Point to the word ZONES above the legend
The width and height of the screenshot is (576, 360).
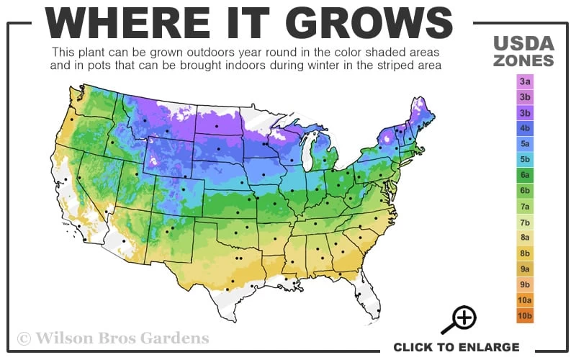(524, 60)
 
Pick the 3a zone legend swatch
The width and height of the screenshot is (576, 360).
(525, 81)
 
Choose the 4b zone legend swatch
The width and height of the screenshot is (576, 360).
(525, 128)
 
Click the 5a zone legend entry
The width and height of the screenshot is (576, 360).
(525, 144)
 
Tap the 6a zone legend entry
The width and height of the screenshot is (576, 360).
(525, 175)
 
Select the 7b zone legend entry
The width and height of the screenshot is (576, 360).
(525, 222)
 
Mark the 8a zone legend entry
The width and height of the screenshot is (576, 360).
(525, 238)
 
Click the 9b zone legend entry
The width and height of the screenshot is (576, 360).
(525, 284)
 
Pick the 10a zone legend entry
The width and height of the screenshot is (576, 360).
(525, 300)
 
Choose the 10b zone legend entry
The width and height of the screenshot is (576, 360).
(525, 315)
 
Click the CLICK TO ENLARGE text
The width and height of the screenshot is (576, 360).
(456, 347)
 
